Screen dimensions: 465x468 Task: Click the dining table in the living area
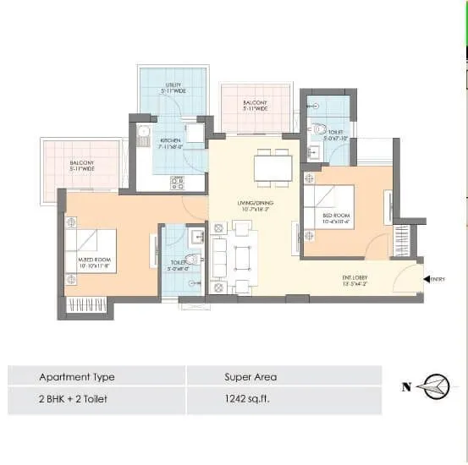(273, 167)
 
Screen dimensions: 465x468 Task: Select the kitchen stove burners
(177, 181)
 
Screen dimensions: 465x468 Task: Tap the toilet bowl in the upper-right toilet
(320, 131)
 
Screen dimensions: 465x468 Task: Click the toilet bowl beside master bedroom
(192, 259)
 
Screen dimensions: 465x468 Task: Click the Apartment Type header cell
(76, 376)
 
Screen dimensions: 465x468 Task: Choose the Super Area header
(250, 376)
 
